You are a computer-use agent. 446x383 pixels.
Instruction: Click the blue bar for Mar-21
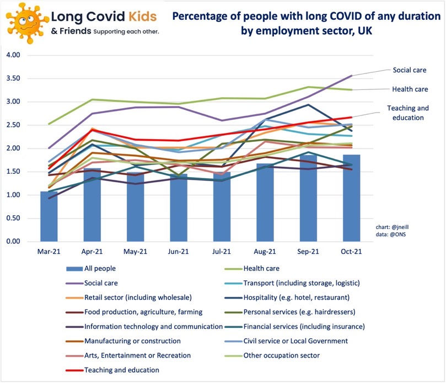pyautogui.click(x=49, y=216)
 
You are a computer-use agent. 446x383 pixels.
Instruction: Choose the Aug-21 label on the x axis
pyautogui.click(x=265, y=252)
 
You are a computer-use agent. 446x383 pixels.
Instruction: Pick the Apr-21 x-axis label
pyautogui.click(x=92, y=252)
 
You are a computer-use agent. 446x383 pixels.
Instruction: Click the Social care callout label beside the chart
pyautogui.click(x=410, y=70)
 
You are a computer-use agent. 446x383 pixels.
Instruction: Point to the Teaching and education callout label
pyautogui.click(x=407, y=113)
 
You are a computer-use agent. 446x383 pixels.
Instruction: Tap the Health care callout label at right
pyautogui.click(x=410, y=89)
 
